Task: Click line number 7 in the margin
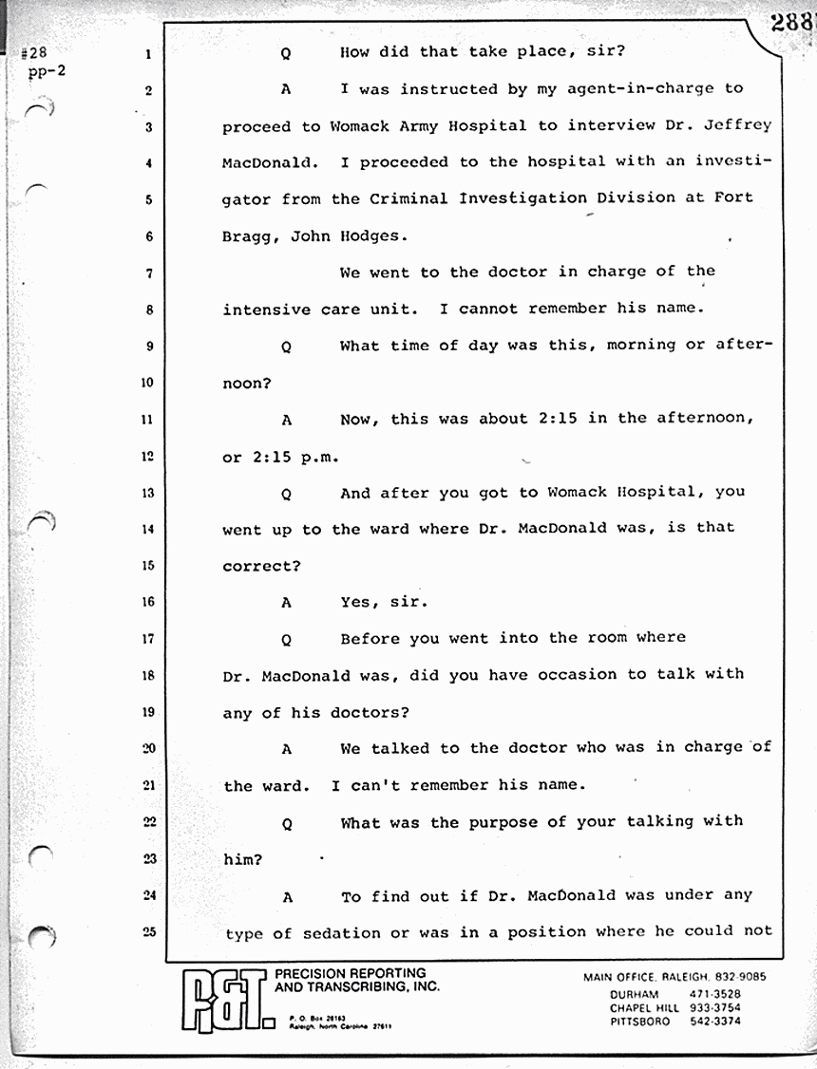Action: click(149, 273)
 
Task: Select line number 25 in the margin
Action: click(148, 932)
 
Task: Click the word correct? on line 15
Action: click(262, 566)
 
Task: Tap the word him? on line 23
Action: click(242, 858)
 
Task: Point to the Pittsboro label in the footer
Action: click(639, 1022)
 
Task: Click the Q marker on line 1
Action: click(286, 54)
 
